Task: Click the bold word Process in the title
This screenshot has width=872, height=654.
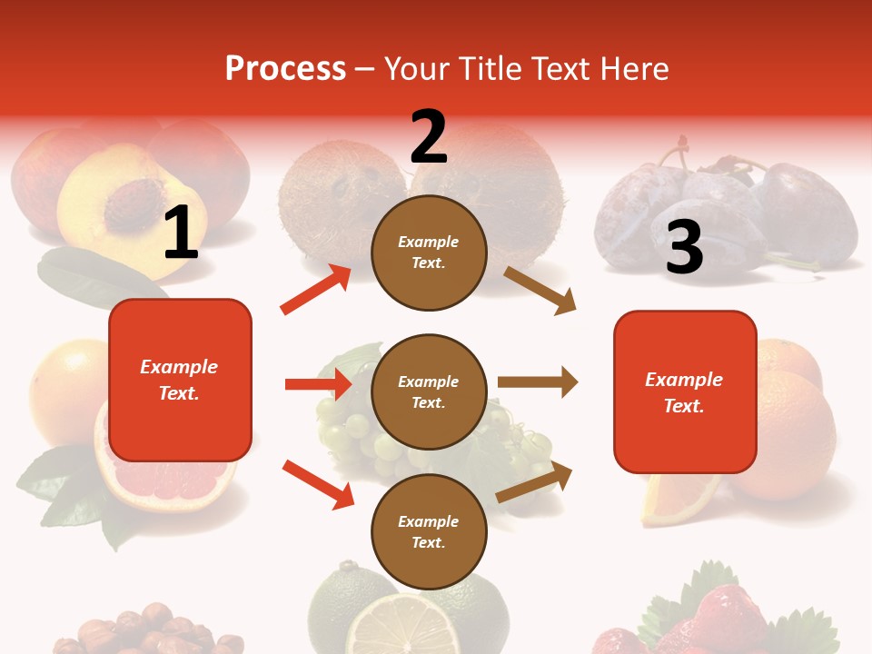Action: tap(285, 69)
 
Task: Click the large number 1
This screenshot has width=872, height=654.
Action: tap(181, 233)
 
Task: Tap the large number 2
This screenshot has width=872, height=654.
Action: tap(429, 136)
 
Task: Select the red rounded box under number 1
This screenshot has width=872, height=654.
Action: tap(180, 380)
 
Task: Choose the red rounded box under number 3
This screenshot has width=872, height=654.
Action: tap(685, 391)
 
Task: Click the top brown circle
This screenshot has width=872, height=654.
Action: tap(429, 253)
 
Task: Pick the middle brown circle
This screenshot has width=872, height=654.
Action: tap(429, 391)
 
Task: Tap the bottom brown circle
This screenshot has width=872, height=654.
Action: tap(429, 531)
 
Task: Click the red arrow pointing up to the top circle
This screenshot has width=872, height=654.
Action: tap(316, 290)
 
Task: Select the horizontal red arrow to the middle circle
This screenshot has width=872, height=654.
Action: tap(318, 384)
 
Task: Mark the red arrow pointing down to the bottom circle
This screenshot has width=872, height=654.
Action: tap(318, 484)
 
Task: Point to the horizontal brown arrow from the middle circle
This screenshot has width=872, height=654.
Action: tap(537, 382)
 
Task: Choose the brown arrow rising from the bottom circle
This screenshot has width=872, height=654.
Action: tap(534, 482)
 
